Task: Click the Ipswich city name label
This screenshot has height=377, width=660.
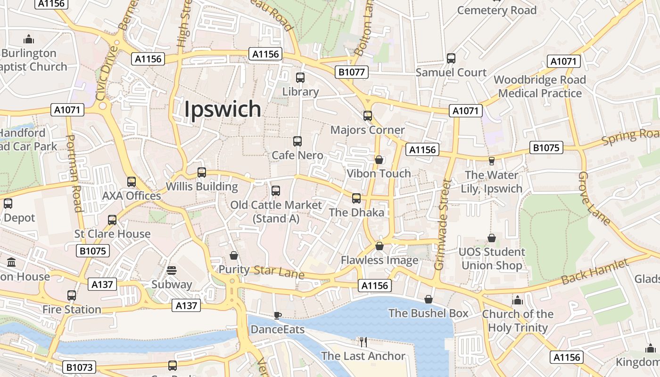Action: coord(222,109)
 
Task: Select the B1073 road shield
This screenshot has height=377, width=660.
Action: coord(79,367)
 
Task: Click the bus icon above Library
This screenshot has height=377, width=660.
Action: coord(300,78)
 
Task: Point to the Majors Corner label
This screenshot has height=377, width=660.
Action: coord(368,130)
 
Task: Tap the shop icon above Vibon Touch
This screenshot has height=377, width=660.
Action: coord(379,160)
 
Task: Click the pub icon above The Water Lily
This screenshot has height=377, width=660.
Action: coord(492,161)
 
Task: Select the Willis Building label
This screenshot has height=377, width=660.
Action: coord(202,187)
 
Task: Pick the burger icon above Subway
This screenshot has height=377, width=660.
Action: coord(172,270)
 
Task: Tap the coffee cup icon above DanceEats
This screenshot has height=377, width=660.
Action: coord(277,315)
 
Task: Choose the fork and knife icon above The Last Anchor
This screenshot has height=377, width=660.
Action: coord(363,342)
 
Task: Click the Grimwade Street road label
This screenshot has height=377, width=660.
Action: coord(443,224)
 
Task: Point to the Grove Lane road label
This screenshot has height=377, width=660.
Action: coord(594,198)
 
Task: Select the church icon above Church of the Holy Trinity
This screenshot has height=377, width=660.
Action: coord(518,300)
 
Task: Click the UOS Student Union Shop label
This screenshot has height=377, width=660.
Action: coord(492,259)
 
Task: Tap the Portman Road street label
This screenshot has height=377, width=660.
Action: coord(74,173)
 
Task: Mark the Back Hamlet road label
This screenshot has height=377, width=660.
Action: coord(595,272)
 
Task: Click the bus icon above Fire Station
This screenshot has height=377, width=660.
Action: coord(72,295)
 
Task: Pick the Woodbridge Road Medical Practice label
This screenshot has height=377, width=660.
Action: coord(540,86)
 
